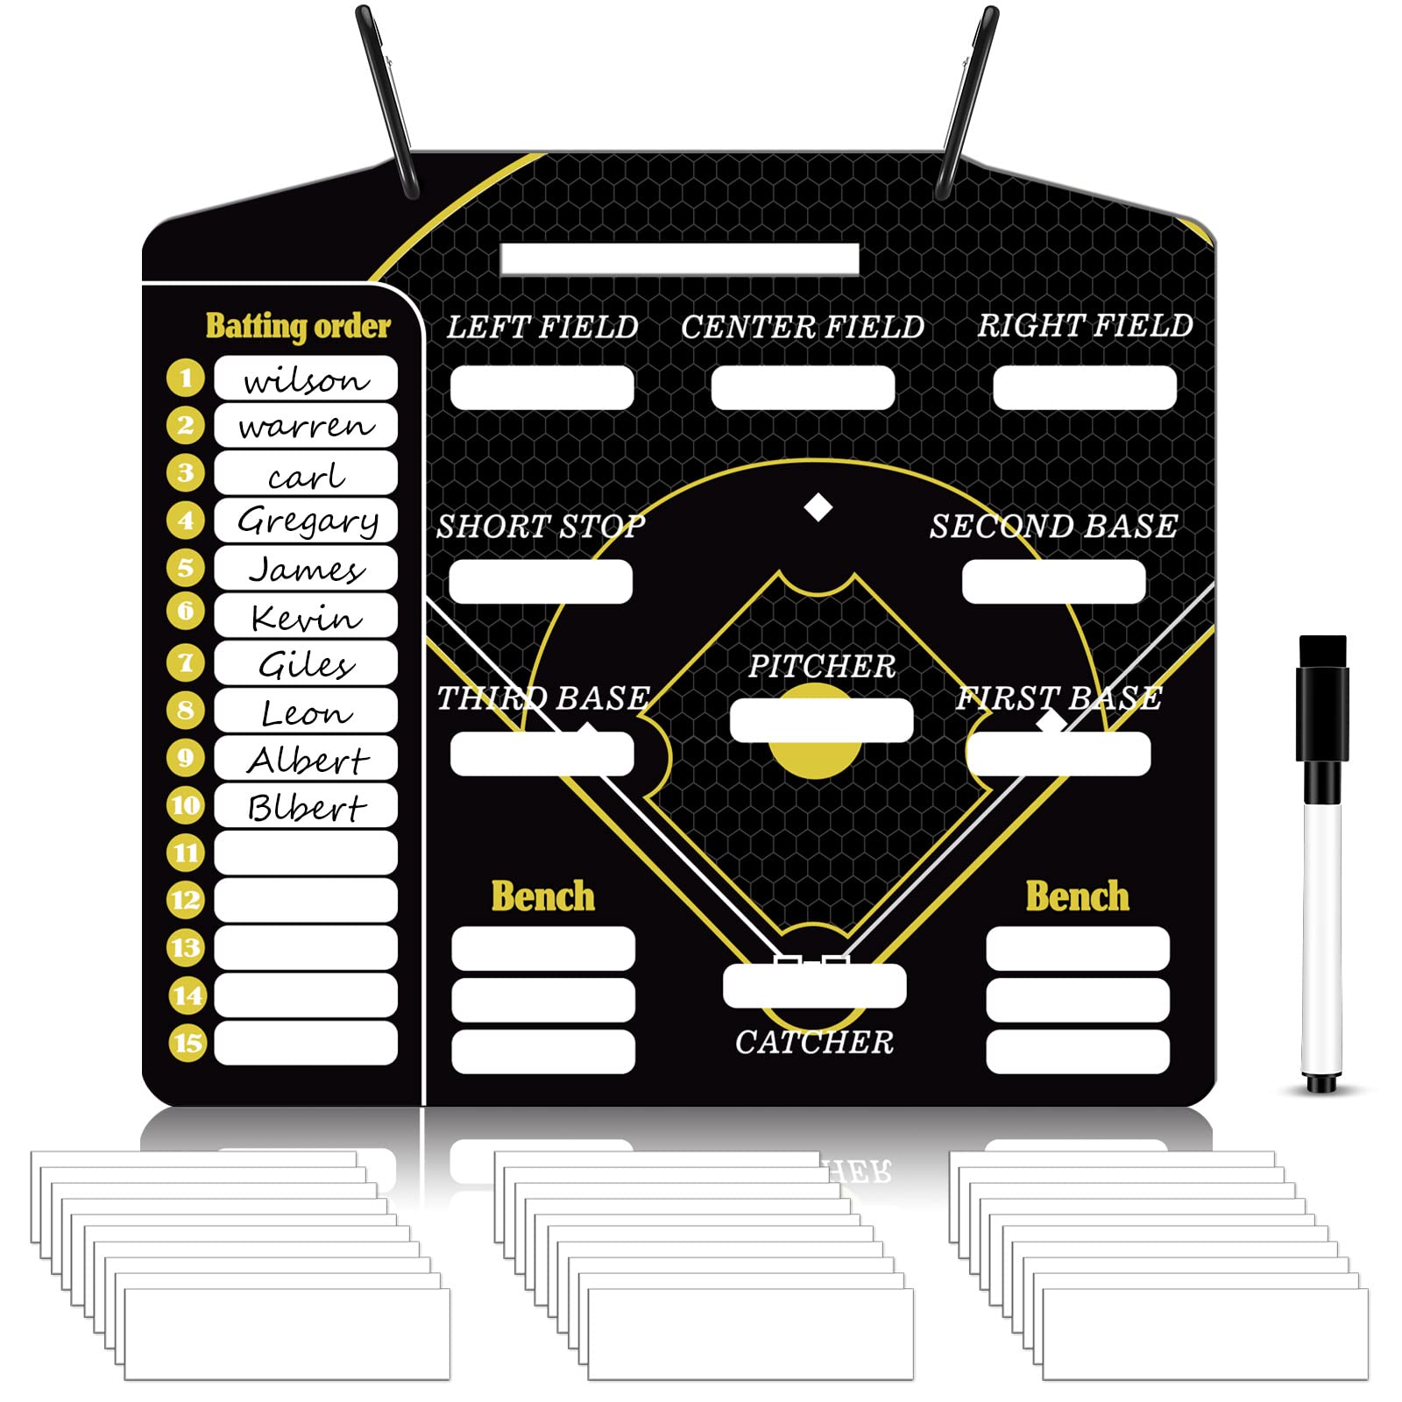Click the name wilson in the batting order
[x=306, y=380]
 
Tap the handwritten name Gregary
[x=308, y=521]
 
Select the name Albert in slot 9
[x=308, y=760]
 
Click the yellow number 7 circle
[x=185, y=662]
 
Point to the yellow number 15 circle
[x=187, y=1043]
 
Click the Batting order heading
[x=298, y=326]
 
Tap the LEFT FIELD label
[x=542, y=328]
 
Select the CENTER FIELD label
[x=803, y=328]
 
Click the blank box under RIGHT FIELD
[x=1084, y=387]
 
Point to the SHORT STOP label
[x=541, y=527]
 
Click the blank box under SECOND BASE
[x=1053, y=582]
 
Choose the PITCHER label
[x=821, y=667]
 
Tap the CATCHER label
[x=814, y=1042]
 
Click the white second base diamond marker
[x=818, y=507]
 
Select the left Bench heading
[x=542, y=896]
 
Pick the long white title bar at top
[x=679, y=259]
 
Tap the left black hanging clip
[x=387, y=101]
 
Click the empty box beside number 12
[x=306, y=900]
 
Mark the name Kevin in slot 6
[x=306, y=618]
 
